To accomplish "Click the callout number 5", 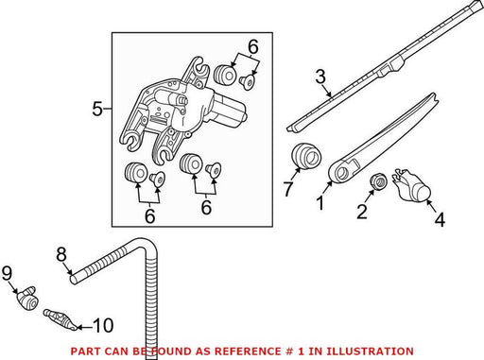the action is click(97, 109).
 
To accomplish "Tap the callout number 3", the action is click(320, 77).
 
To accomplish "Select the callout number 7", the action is click(288, 189).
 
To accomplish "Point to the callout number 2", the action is click(362, 212).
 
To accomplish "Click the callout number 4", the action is click(440, 219).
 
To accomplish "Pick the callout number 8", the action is click(61, 254).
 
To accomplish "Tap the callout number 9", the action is click(7, 273).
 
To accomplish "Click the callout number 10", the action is click(104, 325).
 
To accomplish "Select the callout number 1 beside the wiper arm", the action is click(320, 202).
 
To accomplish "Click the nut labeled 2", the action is click(378, 181).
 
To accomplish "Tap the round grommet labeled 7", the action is click(305, 157).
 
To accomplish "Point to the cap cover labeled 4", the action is click(412, 185).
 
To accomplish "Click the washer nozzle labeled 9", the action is click(27, 299).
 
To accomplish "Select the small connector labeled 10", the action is click(60, 319).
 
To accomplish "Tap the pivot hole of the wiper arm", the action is click(341, 173).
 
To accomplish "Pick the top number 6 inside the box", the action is click(253, 46).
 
